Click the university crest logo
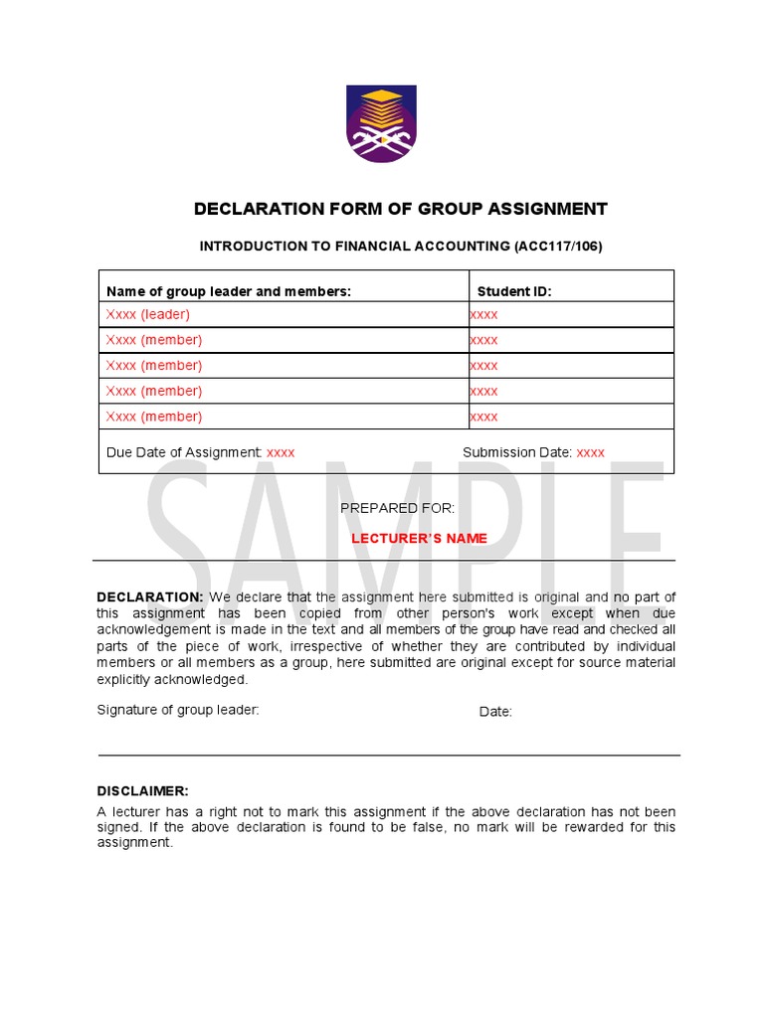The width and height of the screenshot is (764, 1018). (x=382, y=123)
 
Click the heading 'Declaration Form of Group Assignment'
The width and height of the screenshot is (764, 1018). (x=400, y=209)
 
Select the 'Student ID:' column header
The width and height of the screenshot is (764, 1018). (x=513, y=291)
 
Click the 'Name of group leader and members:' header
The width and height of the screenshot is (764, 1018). (x=229, y=291)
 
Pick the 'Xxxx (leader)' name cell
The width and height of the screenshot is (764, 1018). (x=148, y=314)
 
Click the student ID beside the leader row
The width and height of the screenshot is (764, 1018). (x=484, y=314)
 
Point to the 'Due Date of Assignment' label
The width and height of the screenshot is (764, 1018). (x=184, y=452)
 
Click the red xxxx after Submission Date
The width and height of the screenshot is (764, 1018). (x=590, y=452)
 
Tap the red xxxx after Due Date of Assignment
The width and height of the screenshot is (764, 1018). (x=281, y=452)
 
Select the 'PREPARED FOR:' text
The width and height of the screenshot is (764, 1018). (x=398, y=508)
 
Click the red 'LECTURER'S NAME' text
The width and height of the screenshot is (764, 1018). (x=419, y=539)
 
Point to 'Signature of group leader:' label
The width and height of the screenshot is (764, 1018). (x=178, y=710)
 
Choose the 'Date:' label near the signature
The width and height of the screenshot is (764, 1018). (x=495, y=712)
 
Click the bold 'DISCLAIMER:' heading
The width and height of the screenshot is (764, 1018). (x=142, y=791)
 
